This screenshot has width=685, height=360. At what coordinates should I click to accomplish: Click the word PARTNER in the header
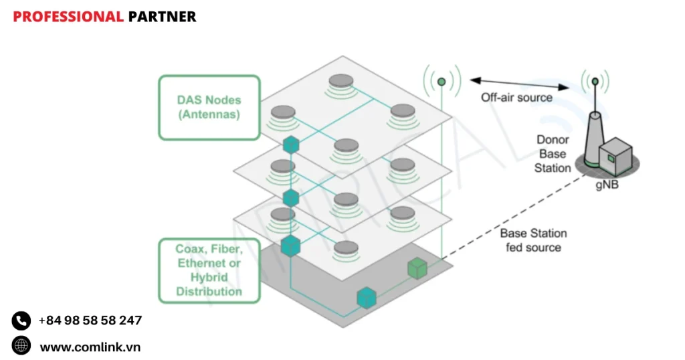point(162,17)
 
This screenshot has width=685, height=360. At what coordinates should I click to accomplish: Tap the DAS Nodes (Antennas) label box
point(209,107)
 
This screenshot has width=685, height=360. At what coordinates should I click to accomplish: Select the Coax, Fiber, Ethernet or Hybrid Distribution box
point(209,270)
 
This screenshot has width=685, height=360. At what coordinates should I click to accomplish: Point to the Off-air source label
point(516,98)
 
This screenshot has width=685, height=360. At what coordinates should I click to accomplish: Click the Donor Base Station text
point(553,154)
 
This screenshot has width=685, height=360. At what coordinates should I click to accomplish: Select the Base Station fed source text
point(533,240)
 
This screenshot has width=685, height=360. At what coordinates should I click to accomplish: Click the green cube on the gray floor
point(417,268)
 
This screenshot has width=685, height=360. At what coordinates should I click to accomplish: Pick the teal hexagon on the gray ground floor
point(366,297)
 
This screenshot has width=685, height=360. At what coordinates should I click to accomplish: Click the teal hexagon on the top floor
point(290,144)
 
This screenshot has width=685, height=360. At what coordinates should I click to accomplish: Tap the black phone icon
point(21,321)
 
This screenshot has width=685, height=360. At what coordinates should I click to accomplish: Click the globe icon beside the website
point(21,345)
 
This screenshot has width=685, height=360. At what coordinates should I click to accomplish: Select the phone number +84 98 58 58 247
point(90,321)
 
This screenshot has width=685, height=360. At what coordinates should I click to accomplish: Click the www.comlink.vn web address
point(90,347)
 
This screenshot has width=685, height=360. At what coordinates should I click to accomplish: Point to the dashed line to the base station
point(508,221)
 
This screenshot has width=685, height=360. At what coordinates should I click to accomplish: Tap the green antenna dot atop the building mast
point(442,82)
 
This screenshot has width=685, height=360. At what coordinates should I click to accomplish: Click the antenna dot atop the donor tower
point(595,82)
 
